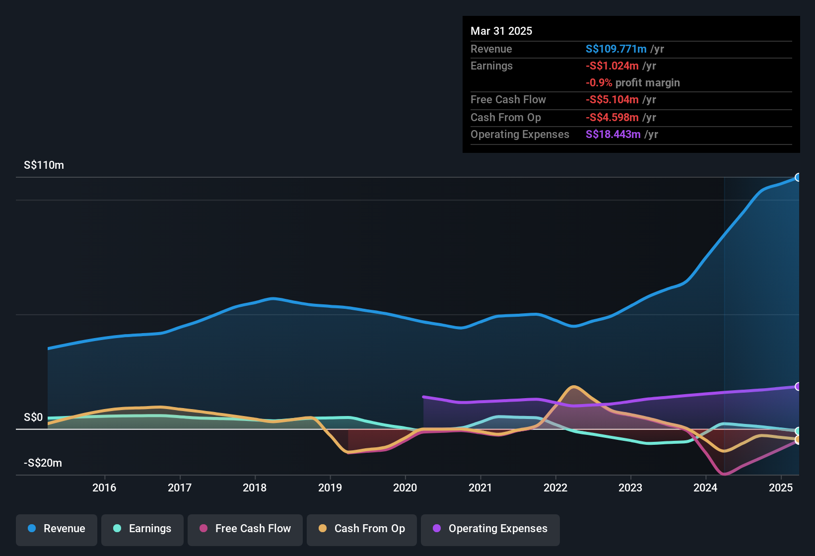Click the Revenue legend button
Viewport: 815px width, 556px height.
(x=57, y=529)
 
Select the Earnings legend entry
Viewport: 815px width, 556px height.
(x=142, y=529)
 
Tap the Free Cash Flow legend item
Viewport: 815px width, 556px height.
(x=245, y=529)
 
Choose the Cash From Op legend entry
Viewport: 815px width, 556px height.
(x=362, y=529)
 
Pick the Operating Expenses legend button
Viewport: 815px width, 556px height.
(x=490, y=529)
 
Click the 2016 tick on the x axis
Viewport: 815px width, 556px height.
(x=104, y=488)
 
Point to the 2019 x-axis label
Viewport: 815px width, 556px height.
(x=330, y=488)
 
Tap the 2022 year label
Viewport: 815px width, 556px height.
(x=555, y=488)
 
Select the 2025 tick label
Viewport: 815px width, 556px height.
(x=781, y=488)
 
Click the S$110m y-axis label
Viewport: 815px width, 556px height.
(x=44, y=165)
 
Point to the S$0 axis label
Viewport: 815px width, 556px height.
(x=33, y=417)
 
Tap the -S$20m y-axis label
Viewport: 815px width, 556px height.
(x=43, y=463)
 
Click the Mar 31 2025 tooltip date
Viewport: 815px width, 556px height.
(x=501, y=31)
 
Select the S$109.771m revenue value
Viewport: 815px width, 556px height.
(x=616, y=49)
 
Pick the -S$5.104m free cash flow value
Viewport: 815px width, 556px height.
(x=612, y=100)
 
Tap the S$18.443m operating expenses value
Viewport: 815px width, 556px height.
(x=613, y=135)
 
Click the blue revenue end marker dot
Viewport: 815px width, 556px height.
(x=798, y=177)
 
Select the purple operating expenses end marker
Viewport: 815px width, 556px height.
(x=798, y=387)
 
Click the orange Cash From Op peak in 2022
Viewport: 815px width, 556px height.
(x=574, y=387)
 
